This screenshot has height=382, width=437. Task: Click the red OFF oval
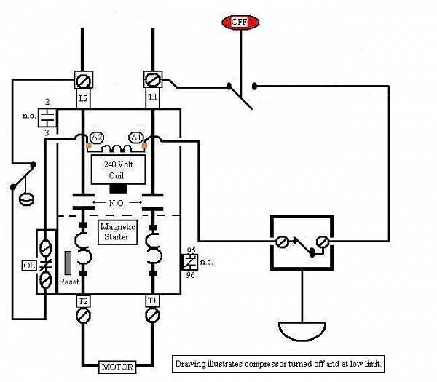[x=240, y=22]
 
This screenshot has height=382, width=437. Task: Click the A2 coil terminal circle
[x=96, y=138]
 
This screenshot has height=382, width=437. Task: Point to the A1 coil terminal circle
[x=135, y=138]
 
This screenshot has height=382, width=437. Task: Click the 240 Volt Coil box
[x=117, y=170]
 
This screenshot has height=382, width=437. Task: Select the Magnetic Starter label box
[x=117, y=232]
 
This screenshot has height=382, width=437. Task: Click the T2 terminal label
[x=82, y=301]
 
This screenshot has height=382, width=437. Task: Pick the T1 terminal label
[x=152, y=301]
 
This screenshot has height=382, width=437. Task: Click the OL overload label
[x=29, y=266]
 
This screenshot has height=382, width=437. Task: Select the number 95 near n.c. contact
[x=190, y=250]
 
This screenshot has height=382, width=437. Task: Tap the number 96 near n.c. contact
[x=190, y=276]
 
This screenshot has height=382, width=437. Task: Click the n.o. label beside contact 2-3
[x=28, y=116]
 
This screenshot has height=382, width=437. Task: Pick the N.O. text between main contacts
[x=117, y=202]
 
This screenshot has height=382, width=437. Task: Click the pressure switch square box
[x=302, y=244]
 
